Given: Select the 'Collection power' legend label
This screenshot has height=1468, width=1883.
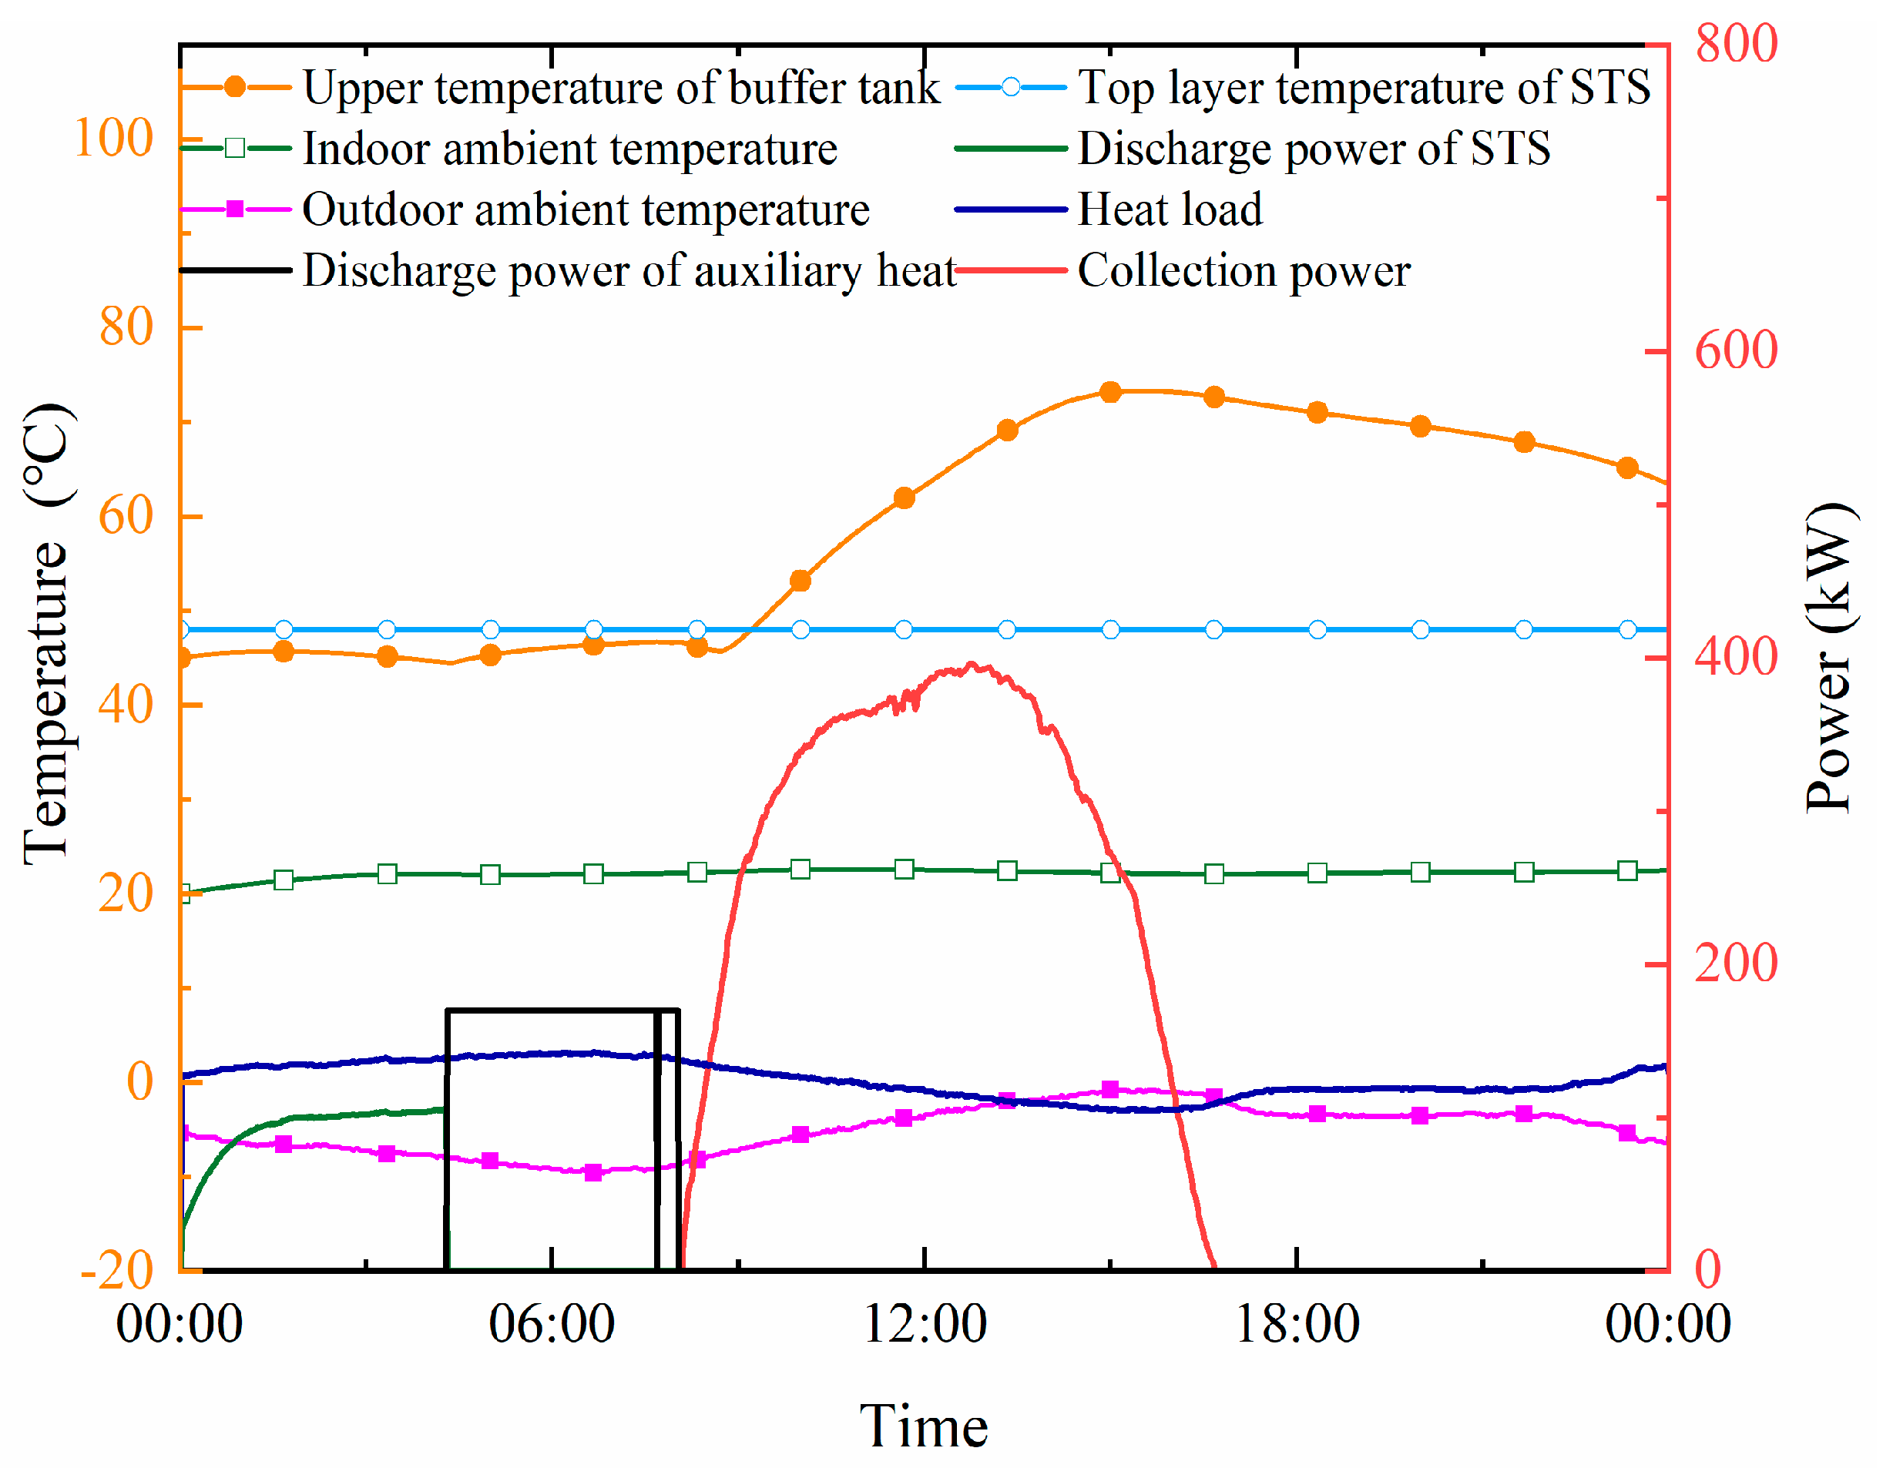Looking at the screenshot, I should (1244, 270).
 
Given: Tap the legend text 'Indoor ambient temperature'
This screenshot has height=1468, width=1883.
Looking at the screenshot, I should (570, 149).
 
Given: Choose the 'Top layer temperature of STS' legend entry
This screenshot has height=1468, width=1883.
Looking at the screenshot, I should (1363, 87).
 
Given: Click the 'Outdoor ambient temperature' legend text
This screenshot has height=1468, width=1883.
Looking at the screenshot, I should (586, 209).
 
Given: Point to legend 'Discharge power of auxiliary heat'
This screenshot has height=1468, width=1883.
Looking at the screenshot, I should (629, 270).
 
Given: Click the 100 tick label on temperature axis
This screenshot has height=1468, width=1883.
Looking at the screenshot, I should (114, 138).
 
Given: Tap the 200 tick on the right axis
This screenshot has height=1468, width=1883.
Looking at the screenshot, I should (1736, 963).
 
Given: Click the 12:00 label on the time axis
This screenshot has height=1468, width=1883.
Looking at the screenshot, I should (925, 1324).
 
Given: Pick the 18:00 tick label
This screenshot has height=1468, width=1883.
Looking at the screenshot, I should (1297, 1324).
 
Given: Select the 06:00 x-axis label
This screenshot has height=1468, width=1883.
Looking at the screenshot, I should (552, 1324).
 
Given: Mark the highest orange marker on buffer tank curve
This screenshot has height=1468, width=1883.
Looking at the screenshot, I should (1110, 392).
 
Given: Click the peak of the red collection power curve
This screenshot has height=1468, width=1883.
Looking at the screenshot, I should (972, 664).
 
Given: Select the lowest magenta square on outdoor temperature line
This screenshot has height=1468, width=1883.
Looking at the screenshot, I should (593, 1172).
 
